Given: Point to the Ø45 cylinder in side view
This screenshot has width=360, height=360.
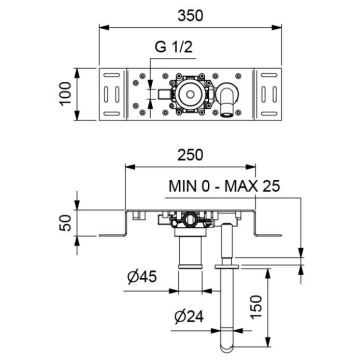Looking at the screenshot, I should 185,255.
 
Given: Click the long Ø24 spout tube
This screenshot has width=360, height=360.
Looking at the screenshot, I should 229,300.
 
